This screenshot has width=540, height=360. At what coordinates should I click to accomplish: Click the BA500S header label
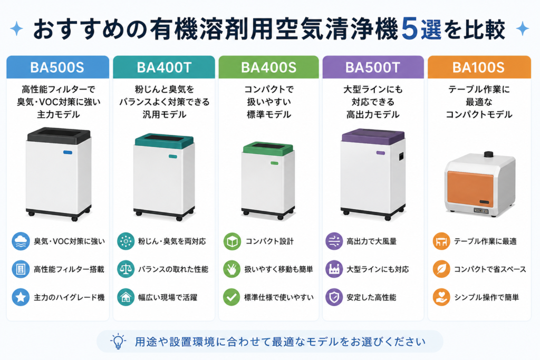click(x=57, y=67)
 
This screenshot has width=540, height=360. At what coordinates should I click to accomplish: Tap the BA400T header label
click(x=164, y=67)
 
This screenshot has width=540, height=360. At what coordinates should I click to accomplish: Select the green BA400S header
click(x=268, y=67)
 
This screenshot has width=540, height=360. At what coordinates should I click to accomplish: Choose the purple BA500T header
click(x=373, y=67)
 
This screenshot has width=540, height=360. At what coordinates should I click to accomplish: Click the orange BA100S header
click(x=479, y=67)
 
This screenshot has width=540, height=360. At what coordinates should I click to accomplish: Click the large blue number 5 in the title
click(x=409, y=30)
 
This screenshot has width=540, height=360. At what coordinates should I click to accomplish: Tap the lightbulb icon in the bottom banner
click(x=118, y=341)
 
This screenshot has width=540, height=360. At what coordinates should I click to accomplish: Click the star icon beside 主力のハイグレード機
click(x=21, y=297)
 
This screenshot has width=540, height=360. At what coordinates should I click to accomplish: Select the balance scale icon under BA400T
click(x=126, y=269)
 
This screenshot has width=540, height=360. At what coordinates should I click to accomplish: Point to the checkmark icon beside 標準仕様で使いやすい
click(x=232, y=297)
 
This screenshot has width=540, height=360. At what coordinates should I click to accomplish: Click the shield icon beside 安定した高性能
click(x=334, y=297)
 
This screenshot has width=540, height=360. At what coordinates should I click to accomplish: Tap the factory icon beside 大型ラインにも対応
click(x=334, y=269)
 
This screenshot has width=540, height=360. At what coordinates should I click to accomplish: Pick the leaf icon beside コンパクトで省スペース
click(x=441, y=269)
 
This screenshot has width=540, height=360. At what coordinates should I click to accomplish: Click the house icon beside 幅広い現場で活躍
click(x=126, y=297)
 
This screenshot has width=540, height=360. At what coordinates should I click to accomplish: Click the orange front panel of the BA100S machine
click(x=470, y=189)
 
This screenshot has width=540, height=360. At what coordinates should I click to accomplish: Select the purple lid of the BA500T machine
click(x=373, y=136)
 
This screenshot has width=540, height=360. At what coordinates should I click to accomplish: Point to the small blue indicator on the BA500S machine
click(x=67, y=152)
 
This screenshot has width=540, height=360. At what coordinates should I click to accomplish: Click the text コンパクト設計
click(x=269, y=241)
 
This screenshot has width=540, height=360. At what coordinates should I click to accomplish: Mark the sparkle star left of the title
click(x=16, y=28)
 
